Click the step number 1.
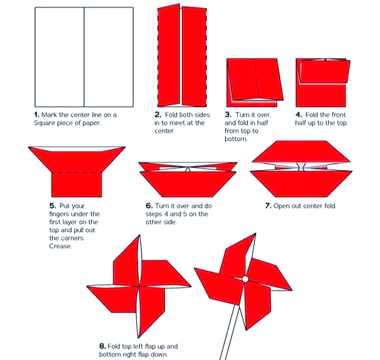pos(36,115)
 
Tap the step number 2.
pos(158,115)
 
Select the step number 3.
pos(228,115)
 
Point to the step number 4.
pos(298,115)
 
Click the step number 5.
pos(53,206)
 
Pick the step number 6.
pos(149,206)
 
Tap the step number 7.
pos(268,206)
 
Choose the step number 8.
pos(102,346)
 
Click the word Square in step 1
pos(44,123)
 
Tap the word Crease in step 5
pos(61,246)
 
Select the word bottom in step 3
pos(236,139)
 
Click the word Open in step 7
pos(280,206)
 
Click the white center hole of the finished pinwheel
pos(245,279)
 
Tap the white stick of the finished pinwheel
pos(230,332)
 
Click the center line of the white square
pos(84,57)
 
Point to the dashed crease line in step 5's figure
pos(77,173)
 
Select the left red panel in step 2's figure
pos(169,55)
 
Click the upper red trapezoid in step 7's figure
pos(301,152)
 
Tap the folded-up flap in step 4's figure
pos(325,71)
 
